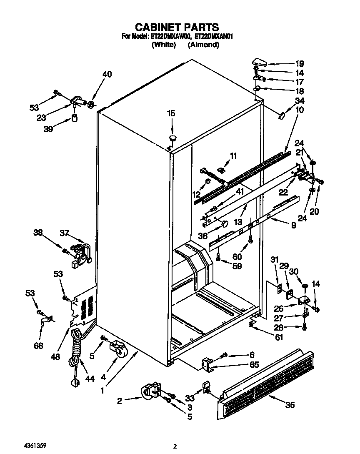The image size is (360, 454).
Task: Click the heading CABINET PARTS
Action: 177,28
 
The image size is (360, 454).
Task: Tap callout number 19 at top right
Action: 300,64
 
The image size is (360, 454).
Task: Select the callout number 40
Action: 107,75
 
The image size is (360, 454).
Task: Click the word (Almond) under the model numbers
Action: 203,45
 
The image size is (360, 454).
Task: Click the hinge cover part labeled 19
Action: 260,62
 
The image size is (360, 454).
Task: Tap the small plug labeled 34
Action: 280,115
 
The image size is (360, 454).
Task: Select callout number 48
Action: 55,357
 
